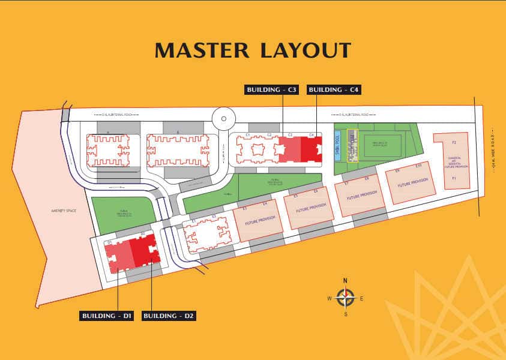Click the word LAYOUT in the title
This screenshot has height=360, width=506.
pyautogui.click(x=305, y=50)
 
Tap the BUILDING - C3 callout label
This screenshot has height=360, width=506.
pyautogui.click(x=272, y=90)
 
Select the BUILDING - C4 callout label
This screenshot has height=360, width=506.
pyautogui.click(x=334, y=90)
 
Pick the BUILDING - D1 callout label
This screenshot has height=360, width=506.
pyautogui.click(x=107, y=316)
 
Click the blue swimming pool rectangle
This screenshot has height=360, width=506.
pyautogui.click(x=337, y=146)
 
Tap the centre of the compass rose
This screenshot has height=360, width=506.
pyautogui.click(x=345, y=296)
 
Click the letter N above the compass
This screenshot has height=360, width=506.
pyautogui.click(x=345, y=281)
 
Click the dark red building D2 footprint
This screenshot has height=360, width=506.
pyautogui.click(x=145, y=250)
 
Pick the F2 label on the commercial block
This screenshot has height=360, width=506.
pyautogui.click(x=454, y=143)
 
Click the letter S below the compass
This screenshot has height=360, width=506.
pyautogui.click(x=345, y=313)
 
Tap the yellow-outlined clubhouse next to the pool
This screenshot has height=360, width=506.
pyautogui.click(x=352, y=146)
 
